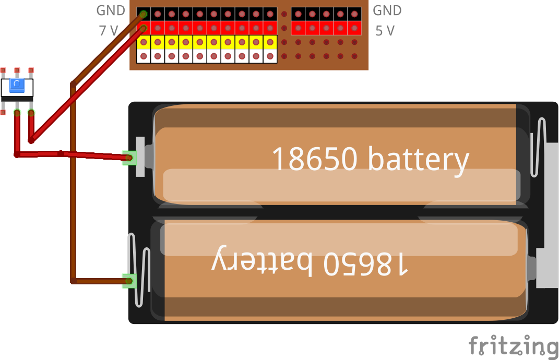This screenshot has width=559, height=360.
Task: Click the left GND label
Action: click(111, 10)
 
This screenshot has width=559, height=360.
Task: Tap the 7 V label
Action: click(109, 31)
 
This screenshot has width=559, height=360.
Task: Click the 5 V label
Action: click(385, 31)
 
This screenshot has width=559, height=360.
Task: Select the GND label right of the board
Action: click(387, 10)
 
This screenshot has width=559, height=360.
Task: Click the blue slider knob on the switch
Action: click(17, 83)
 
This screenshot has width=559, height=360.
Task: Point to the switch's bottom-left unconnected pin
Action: click(3, 112)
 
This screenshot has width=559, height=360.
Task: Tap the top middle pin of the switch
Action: click(17, 70)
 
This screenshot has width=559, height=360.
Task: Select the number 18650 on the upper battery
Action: click(316, 159)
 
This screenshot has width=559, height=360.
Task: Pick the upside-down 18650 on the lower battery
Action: click(365, 262)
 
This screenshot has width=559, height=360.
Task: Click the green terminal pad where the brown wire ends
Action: click(128, 281)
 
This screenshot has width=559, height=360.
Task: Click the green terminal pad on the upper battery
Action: click(128, 157)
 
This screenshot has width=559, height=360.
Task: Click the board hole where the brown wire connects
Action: click(144, 14)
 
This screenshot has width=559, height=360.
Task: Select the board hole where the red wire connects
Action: click(144, 28)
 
